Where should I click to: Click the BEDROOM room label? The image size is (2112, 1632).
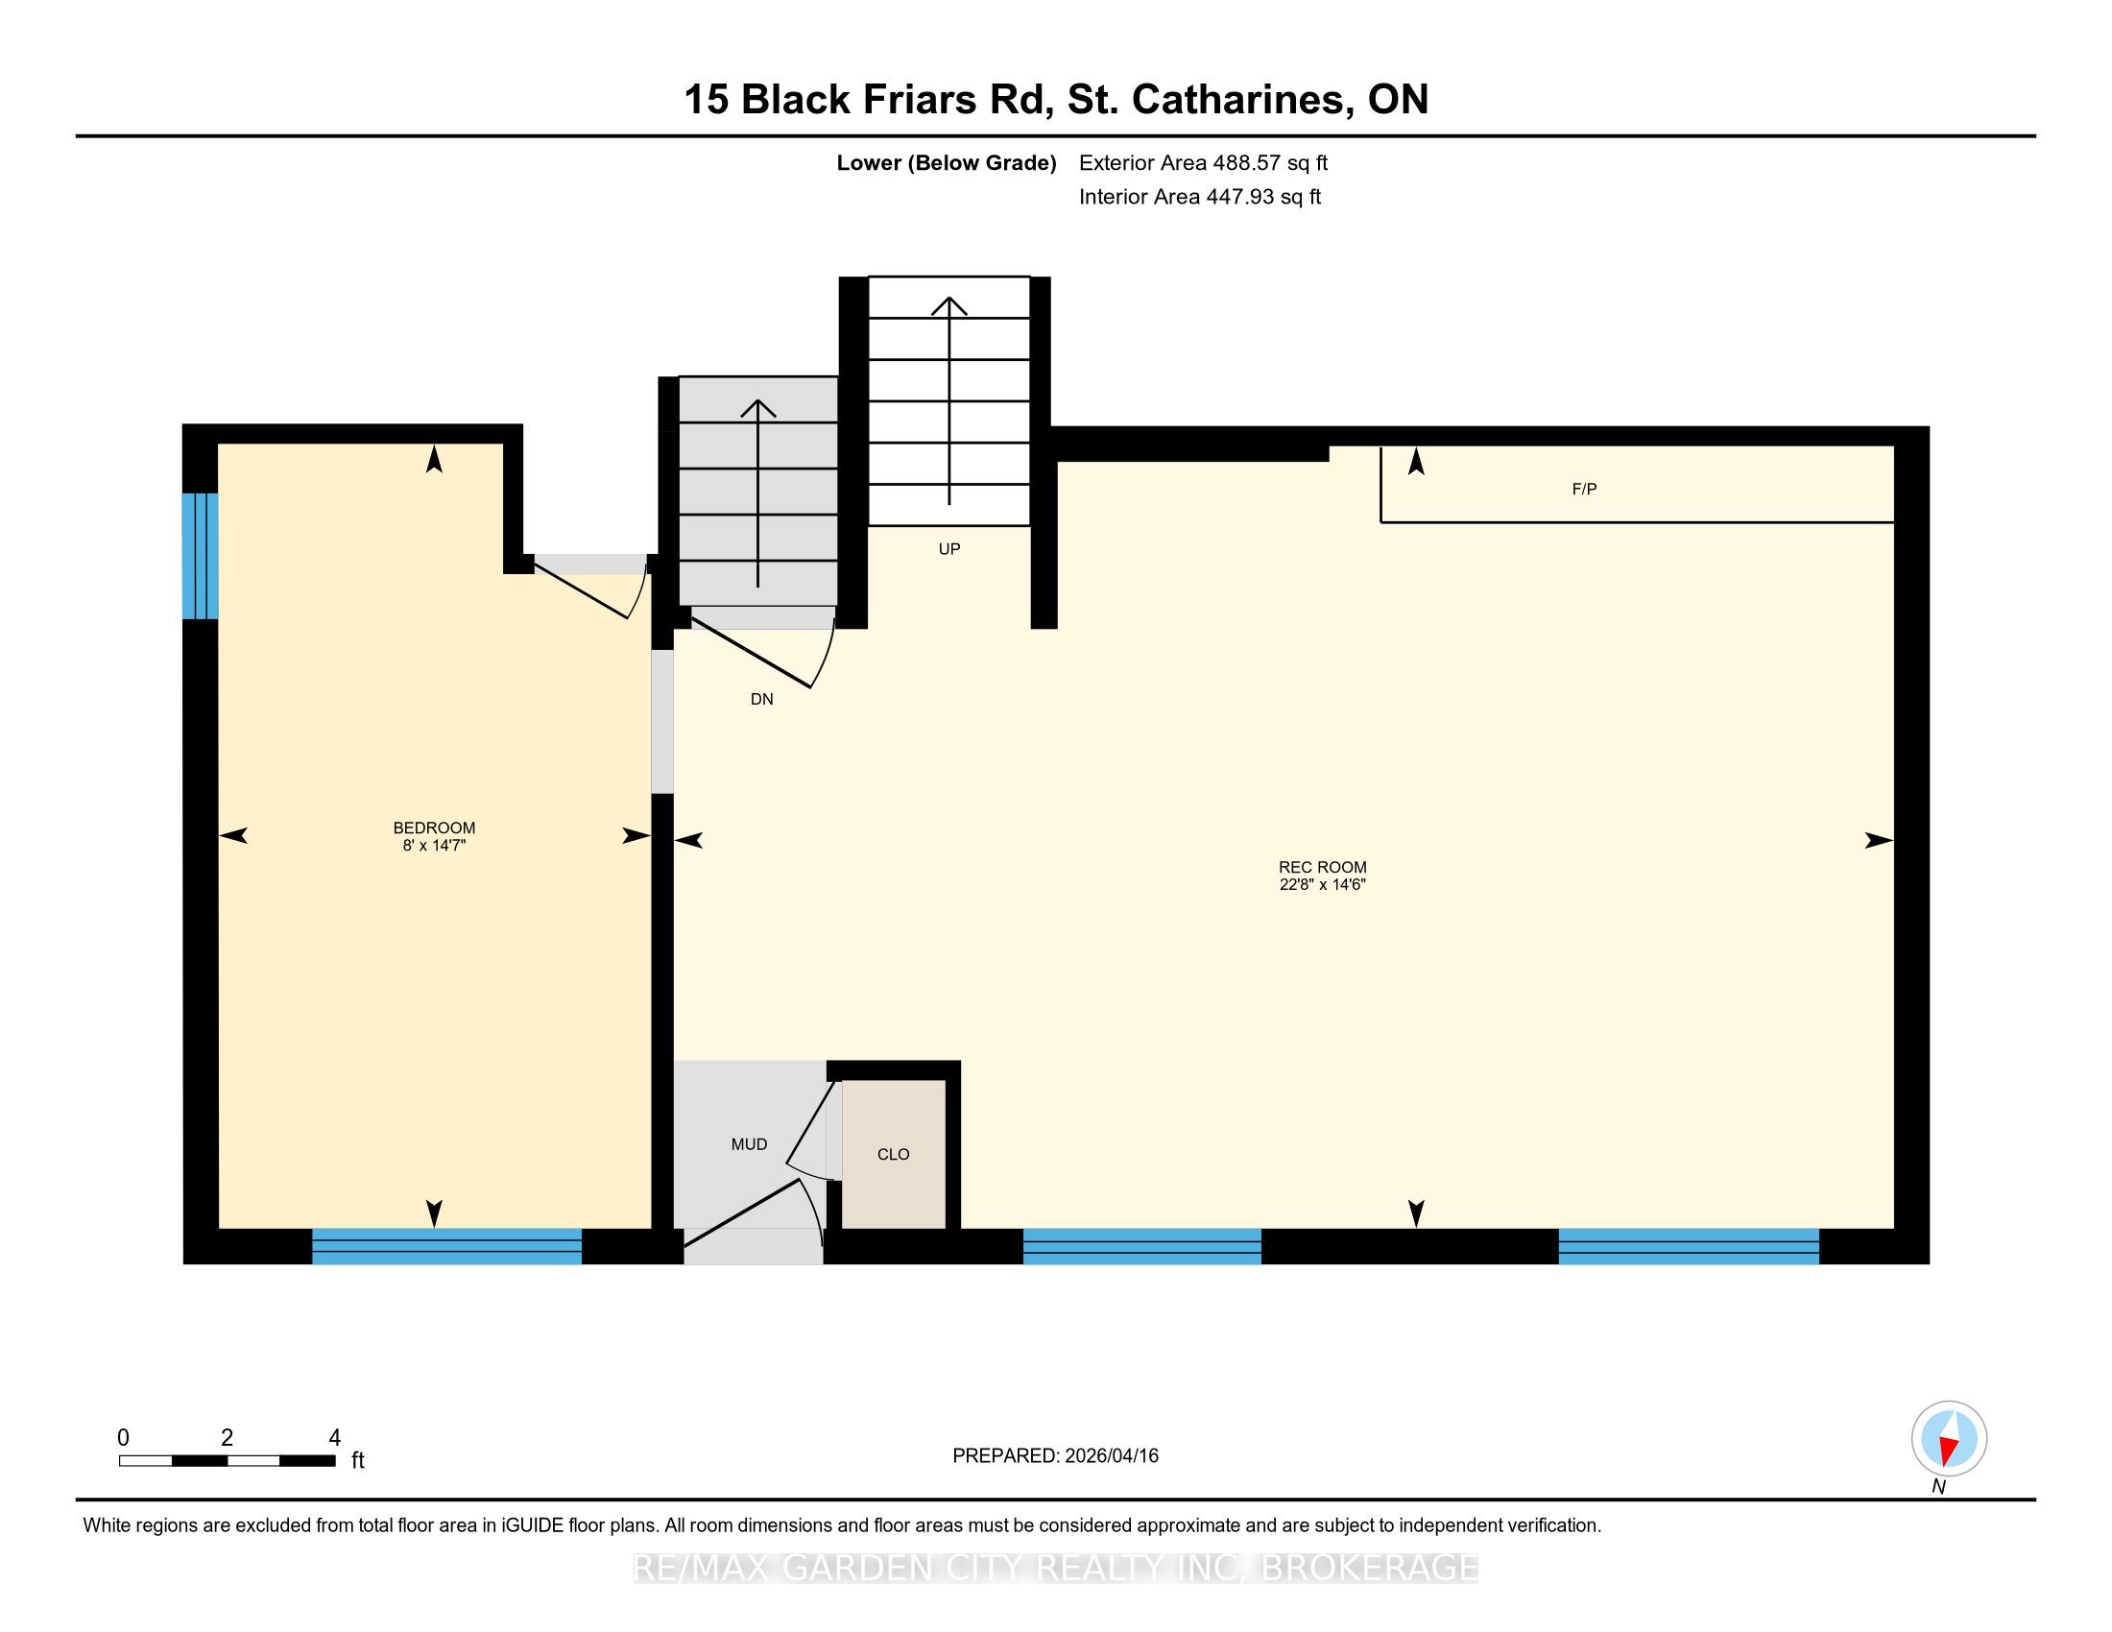(x=434, y=828)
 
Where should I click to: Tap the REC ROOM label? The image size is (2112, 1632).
(x=1322, y=867)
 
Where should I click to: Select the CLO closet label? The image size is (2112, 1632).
(x=893, y=1154)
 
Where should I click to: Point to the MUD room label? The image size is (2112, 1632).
(x=749, y=1144)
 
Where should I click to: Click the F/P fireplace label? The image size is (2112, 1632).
(x=1584, y=490)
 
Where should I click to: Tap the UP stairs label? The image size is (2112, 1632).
(x=948, y=549)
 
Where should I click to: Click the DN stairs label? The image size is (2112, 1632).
(x=761, y=699)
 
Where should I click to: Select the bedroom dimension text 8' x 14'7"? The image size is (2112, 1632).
(x=434, y=845)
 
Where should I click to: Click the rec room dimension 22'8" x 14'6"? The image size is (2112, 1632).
(x=1322, y=883)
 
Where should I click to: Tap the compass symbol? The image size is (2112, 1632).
(x=1949, y=1439)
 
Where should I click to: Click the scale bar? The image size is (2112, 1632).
(x=228, y=1461)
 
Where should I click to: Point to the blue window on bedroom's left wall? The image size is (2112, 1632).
(x=201, y=556)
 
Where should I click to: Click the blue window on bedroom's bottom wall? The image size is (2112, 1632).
(x=446, y=1246)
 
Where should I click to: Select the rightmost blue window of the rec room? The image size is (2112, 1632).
(x=1689, y=1246)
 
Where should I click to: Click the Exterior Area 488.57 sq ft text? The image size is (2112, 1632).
(x=1203, y=163)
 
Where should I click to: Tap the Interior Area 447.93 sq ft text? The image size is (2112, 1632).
(x=1199, y=197)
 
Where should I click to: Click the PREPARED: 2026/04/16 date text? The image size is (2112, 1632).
(x=1055, y=1456)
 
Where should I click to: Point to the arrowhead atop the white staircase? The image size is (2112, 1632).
(x=948, y=305)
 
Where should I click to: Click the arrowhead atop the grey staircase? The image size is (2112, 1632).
(x=758, y=408)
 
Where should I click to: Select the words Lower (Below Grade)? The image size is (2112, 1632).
(x=946, y=163)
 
